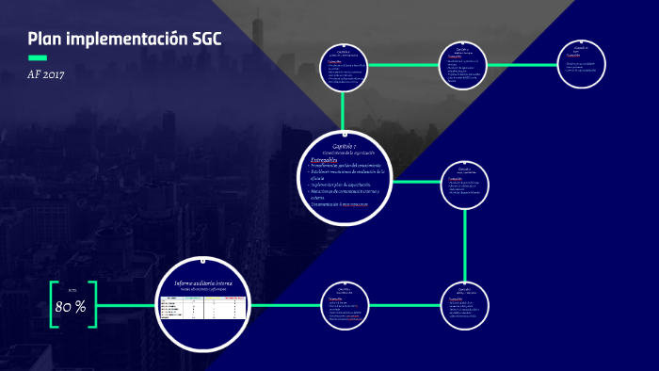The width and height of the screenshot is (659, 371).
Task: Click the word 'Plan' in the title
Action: point(45,39)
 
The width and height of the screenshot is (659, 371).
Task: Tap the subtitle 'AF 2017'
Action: point(46,74)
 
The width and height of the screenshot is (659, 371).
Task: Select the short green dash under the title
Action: point(38,57)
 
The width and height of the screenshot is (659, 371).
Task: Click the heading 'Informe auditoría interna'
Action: point(203,283)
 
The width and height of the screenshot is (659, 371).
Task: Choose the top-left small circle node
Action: point(345,66)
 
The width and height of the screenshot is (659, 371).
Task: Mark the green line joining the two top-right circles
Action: point(522,64)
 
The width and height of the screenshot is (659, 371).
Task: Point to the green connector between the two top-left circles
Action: point(404,64)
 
